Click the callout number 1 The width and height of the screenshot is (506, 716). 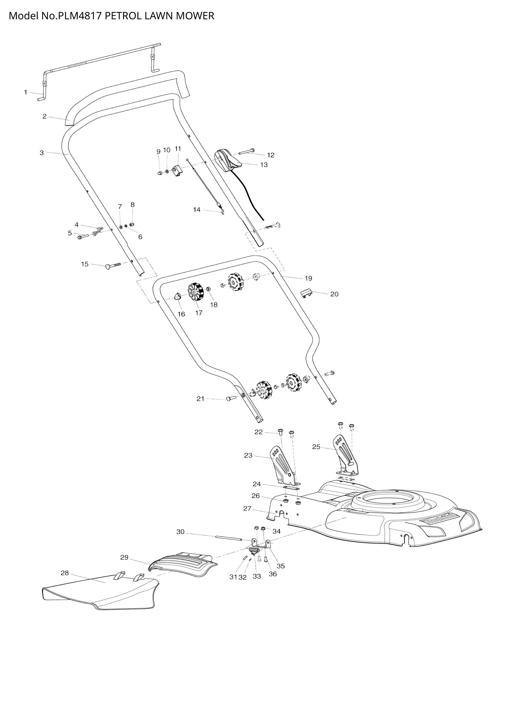point(26,92)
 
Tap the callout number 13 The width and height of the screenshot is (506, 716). point(264,165)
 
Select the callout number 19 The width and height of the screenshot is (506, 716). point(308,278)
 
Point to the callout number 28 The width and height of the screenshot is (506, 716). point(65,573)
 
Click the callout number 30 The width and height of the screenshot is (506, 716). point(180,532)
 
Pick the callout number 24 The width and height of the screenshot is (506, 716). point(257,484)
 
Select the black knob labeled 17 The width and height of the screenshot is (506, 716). point(196,292)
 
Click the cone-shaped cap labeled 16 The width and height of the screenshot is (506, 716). point(177,296)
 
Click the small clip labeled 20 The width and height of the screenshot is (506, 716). point(306,293)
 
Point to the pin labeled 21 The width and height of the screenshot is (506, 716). point(231,398)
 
